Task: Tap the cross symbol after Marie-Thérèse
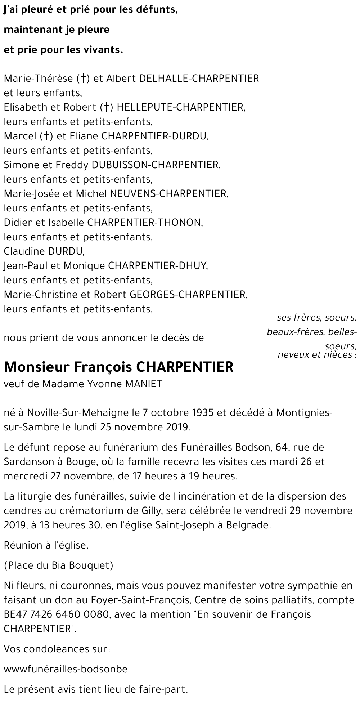[x=83, y=79]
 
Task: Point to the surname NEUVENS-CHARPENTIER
[x=170, y=194]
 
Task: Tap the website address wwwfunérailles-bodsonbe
[x=66, y=659]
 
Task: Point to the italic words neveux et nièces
[x=315, y=355]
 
